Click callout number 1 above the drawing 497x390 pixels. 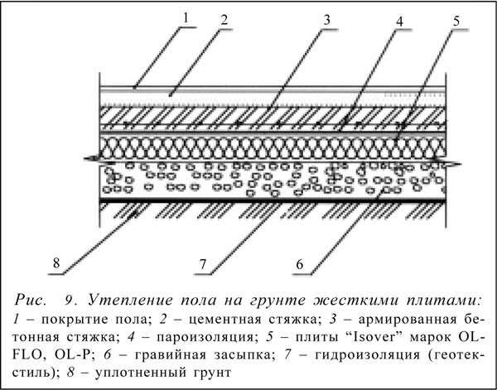click(x=186, y=17)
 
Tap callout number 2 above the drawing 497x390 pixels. click(x=224, y=20)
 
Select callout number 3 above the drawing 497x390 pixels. click(x=326, y=20)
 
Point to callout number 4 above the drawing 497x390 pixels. click(x=400, y=22)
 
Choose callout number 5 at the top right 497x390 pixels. click(x=456, y=21)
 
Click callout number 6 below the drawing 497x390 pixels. click(x=300, y=264)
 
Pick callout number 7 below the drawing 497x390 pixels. click(x=203, y=264)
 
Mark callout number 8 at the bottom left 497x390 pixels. click(x=56, y=262)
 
